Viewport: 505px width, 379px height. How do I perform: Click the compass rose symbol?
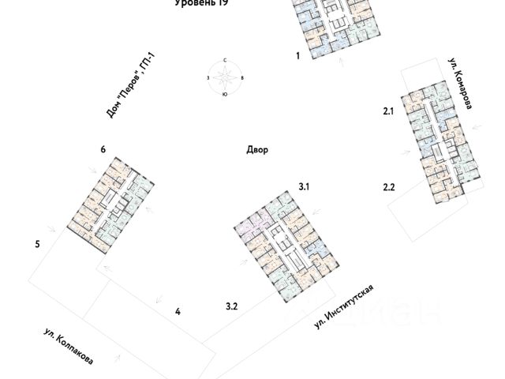[x=225, y=77]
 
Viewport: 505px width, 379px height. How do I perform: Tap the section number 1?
[x=297, y=56]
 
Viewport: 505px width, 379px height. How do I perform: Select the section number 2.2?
[x=387, y=187]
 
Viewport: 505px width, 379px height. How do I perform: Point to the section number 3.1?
[x=305, y=186]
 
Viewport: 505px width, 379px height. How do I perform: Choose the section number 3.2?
[x=232, y=306]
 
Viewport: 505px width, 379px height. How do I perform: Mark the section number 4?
[x=178, y=312]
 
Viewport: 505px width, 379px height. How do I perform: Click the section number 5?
[x=37, y=245]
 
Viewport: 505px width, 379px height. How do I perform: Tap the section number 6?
[x=103, y=149]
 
